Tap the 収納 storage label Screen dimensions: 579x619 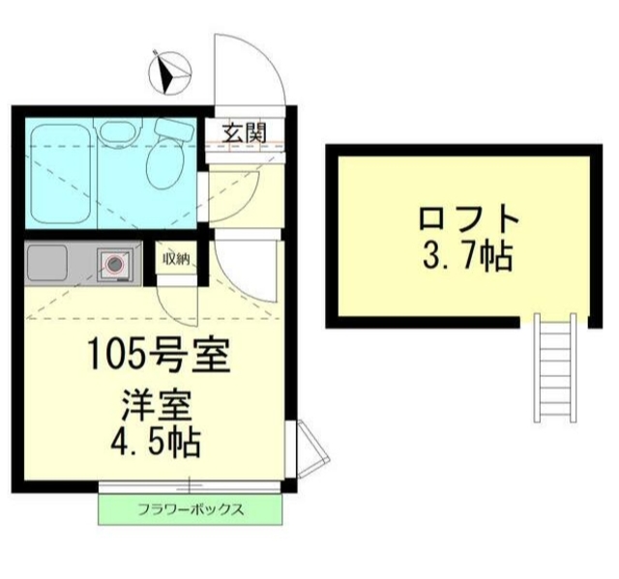point(175,258)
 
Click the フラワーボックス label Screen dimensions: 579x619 point(190,509)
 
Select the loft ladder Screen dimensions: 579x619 point(555,367)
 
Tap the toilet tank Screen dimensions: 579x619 point(175,128)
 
